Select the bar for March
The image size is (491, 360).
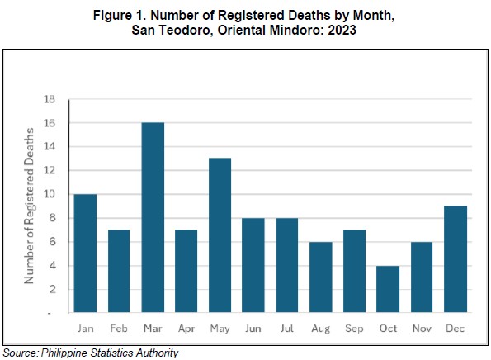click(x=153, y=217)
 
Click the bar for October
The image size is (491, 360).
click(x=388, y=289)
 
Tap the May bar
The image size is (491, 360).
click(x=220, y=235)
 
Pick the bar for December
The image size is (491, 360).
click(x=456, y=259)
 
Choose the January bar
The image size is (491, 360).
click(x=85, y=253)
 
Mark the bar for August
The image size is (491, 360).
click(x=321, y=277)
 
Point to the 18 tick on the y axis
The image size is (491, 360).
click(x=50, y=99)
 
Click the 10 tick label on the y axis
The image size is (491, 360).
click(x=50, y=194)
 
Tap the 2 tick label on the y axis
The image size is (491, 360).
click(x=52, y=289)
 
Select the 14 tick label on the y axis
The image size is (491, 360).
click(x=50, y=146)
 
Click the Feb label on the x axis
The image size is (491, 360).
click(x=119, y=329)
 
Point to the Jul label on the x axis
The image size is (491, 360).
click(x=287, y=329)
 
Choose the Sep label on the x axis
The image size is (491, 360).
click(x=354, y=329)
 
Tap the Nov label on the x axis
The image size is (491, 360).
click(x=422, y=329)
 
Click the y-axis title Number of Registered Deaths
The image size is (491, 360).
click(x=29, y=206)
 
